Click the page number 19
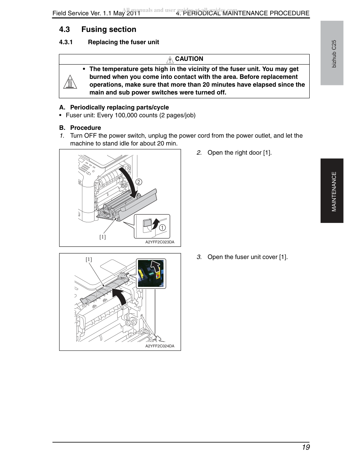(x=306, y=447)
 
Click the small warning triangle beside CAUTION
(x=170, y=59)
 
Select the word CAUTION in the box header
(x=189, y=59)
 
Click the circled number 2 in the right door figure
(x=139, y=182)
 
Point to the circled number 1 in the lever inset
(x=162, y=228)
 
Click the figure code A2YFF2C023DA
(x=160, y=242)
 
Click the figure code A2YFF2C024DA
(x=160, y=346)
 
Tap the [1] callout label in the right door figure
(x=103, y=237)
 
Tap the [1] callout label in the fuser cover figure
(x=89, y=259)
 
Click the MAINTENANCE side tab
(x=334, y=191)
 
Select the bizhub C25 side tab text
(x=334, y=54)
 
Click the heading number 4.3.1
(x=66, y=42)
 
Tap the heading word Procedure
(x=86, y=128)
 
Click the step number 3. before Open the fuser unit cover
(x=199, y=257)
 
